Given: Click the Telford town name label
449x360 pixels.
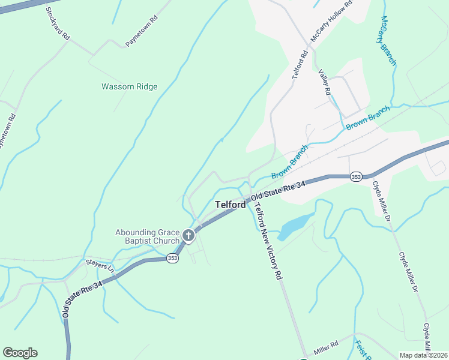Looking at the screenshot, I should click(231, 205).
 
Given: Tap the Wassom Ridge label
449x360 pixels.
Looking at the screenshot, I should click(129, 86).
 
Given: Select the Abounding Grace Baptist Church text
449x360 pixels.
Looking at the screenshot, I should click(147, 236).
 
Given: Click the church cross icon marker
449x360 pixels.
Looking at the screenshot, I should click(188, 236).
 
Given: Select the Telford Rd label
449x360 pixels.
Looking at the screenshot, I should click(300, 65).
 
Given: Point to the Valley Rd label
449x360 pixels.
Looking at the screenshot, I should click(325, 82).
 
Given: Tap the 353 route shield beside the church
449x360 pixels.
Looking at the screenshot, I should click(173, 258).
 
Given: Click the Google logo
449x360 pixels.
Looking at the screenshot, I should click(20, 353).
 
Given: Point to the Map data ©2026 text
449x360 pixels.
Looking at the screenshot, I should click(423, 355).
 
